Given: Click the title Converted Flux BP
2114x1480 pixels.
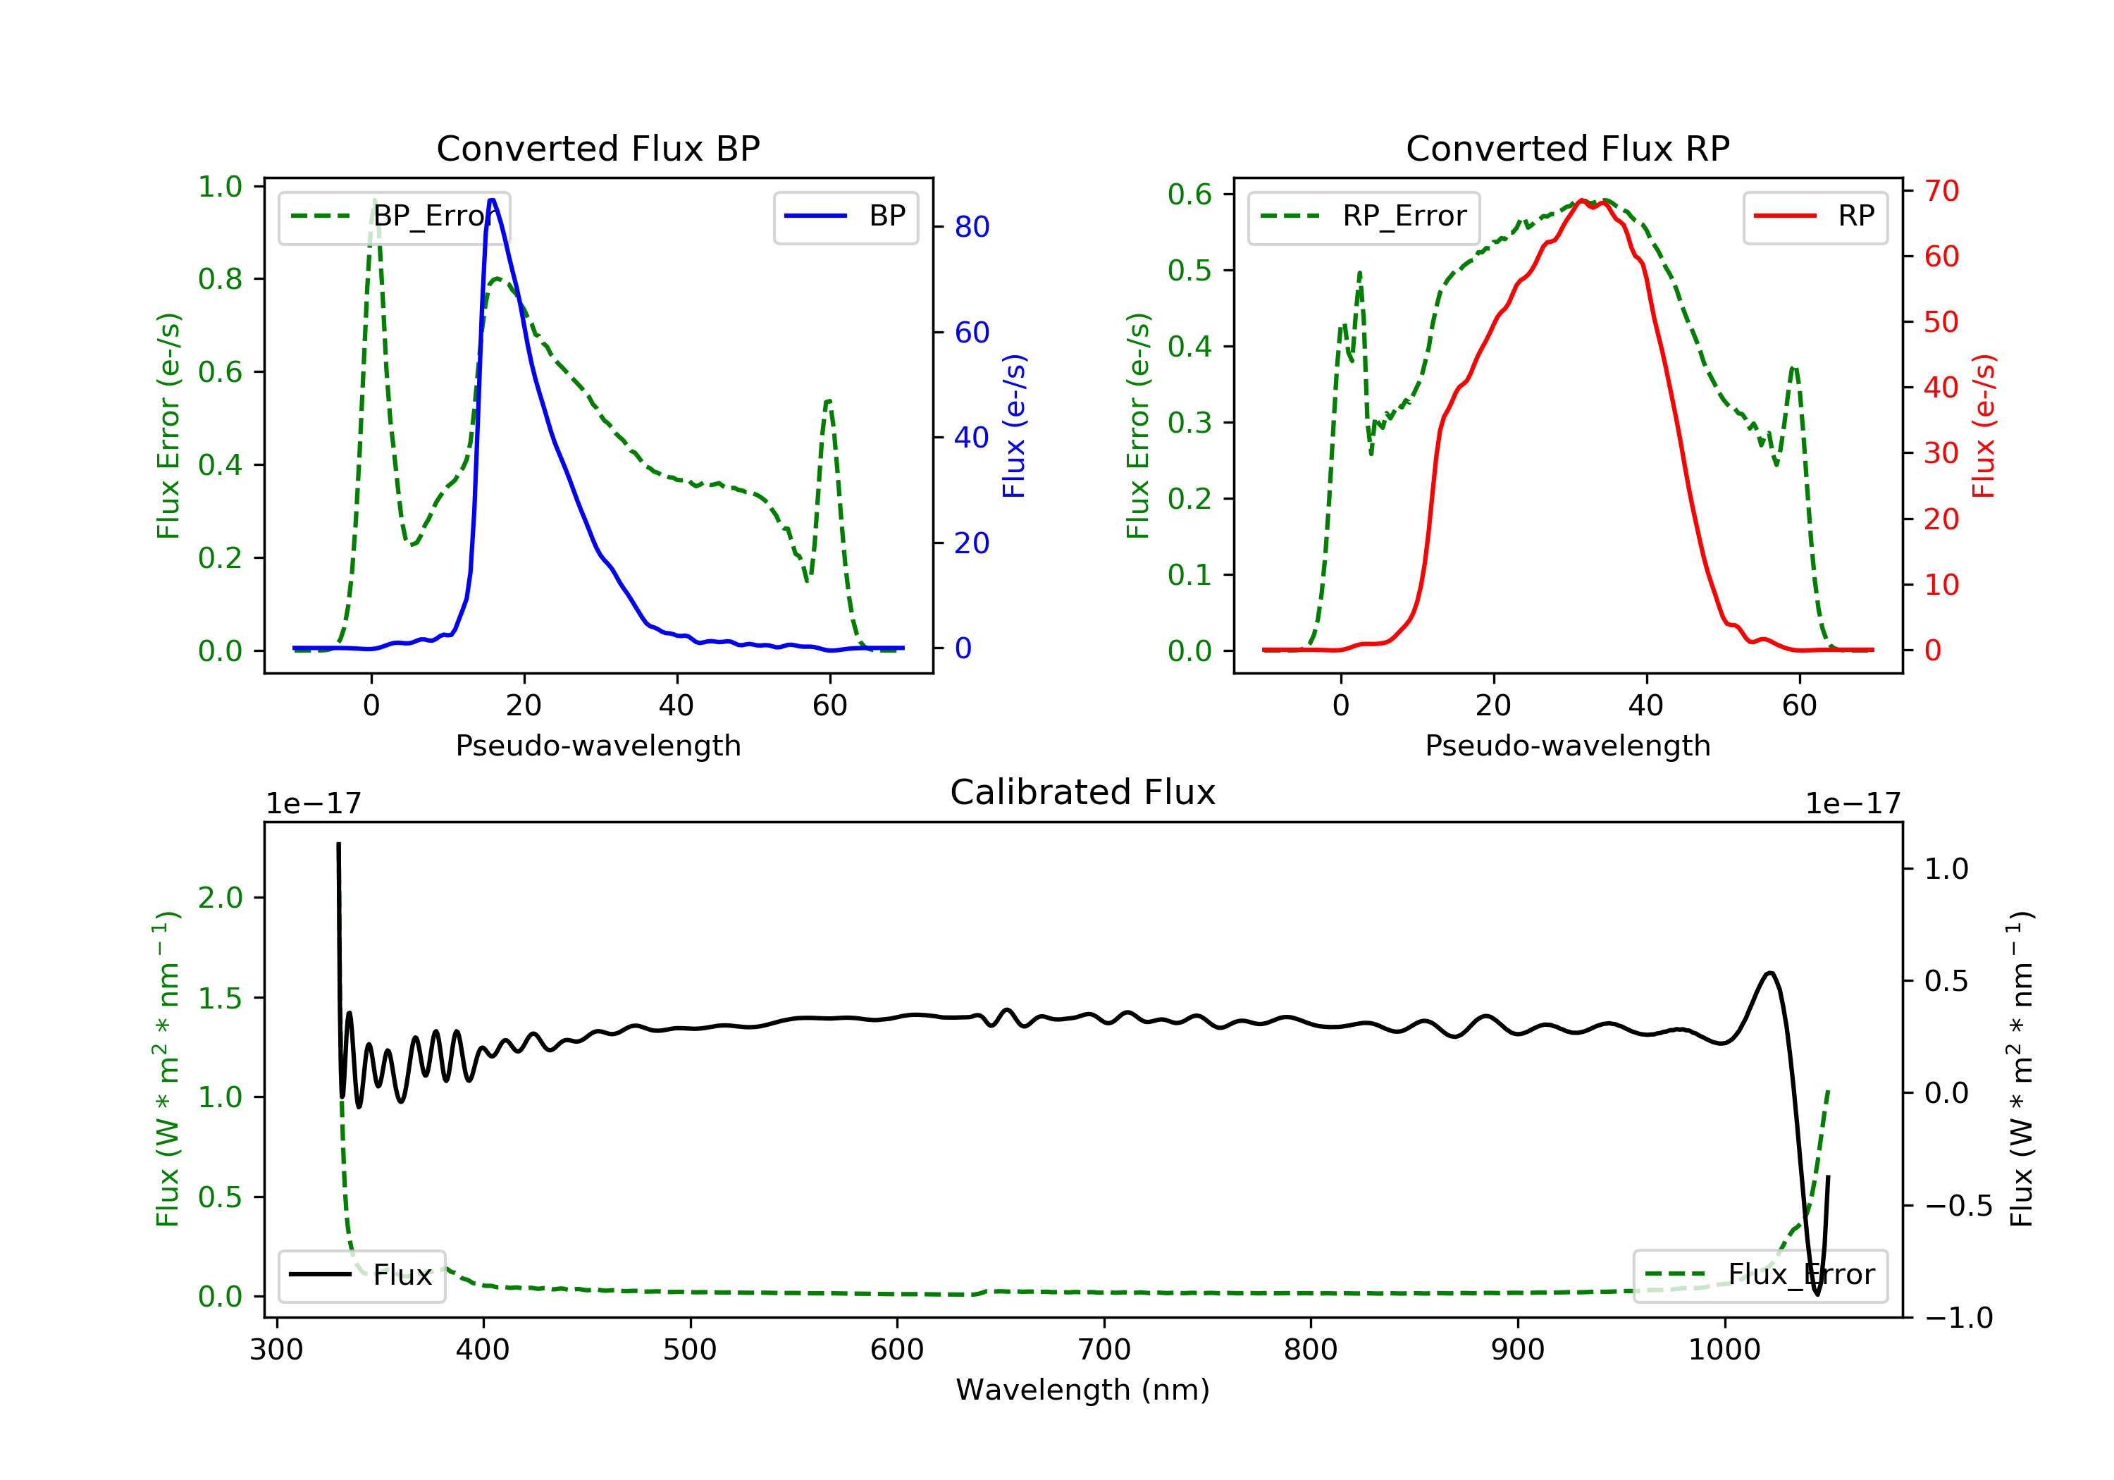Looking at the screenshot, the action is click(x=598, y=148).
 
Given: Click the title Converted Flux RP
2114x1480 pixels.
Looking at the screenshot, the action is click(x=1568, y=148).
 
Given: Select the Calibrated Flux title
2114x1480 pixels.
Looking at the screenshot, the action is click(x=1083, y=792).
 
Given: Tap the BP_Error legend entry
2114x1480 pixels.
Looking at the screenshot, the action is click(x=394, y=216).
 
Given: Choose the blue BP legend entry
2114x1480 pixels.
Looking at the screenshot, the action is click(x=845, y=216).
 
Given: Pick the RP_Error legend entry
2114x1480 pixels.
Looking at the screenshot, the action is click(x=1364, y=216).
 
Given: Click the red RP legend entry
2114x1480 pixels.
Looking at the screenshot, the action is click(x=1815, y=216).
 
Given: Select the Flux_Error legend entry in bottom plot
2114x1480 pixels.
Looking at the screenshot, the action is click(x=1760, y=1276).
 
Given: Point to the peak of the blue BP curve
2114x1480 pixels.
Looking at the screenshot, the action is click(x=492, y=200).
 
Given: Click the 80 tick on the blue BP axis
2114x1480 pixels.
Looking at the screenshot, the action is click(x=971, y=226).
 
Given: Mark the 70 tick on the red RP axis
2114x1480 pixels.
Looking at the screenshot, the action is click(x=1941, y=191).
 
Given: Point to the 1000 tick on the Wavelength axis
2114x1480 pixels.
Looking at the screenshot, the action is click(x=1724, y=1350).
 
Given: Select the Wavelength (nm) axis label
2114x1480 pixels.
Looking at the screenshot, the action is click(x=1083, y=1390).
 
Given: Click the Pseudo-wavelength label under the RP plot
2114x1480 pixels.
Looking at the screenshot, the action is click(x=1568, y=745).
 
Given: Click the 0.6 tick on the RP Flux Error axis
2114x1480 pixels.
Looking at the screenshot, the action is click(x=1189, y=195).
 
